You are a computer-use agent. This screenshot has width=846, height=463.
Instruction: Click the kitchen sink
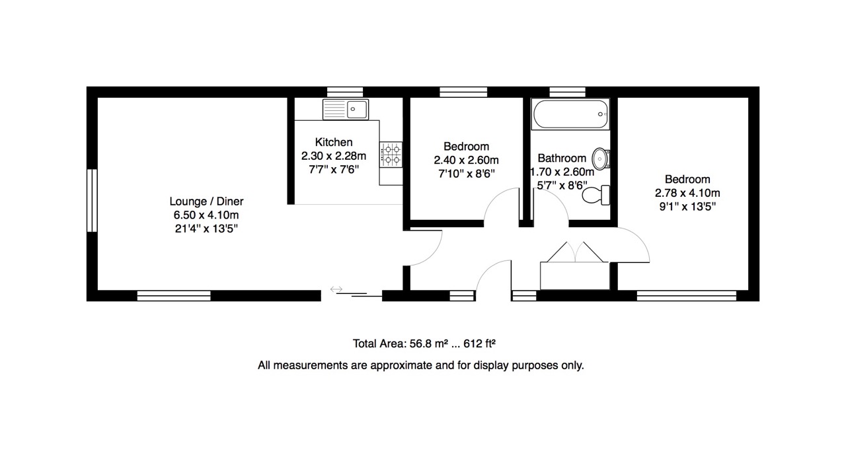tap(346, 109)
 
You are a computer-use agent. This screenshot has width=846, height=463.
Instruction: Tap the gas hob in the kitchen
tap(391, 155)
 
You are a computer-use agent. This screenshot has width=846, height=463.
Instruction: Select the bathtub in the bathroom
tap(570, 114)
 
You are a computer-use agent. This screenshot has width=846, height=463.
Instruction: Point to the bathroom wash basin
tap(601, 159)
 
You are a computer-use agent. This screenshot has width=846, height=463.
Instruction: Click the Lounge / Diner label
tap(206, 201)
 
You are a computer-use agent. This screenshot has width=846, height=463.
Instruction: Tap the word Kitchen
tap(334, 142)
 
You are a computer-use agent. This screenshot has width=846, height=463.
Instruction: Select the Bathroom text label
tap(562, 159)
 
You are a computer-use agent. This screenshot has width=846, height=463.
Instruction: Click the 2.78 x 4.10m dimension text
tap(687, 193)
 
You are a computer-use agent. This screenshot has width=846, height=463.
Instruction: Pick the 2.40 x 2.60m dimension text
tap(466, 160)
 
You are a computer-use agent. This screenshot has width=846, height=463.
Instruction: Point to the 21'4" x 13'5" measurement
tap(206, 229)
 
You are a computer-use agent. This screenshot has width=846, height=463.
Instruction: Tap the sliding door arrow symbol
tap(336, 289)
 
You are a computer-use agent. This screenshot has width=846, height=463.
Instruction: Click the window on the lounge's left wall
tap(92, 200)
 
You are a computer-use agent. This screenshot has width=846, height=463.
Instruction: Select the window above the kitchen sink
tap(346, 92)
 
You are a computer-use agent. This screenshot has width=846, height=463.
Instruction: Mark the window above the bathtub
tap(568, 92)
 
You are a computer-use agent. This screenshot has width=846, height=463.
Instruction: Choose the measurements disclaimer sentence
tap(421, 365)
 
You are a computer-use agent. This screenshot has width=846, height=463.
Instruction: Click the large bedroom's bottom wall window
tap(686, 295)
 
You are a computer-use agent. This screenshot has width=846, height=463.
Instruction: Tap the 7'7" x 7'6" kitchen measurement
tap(334, 170)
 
